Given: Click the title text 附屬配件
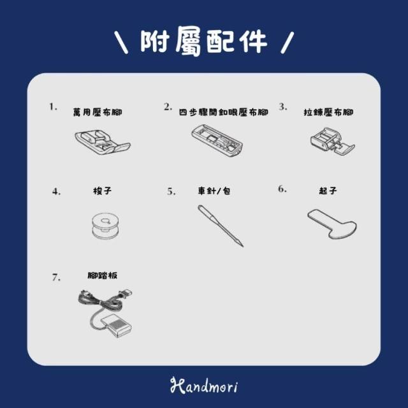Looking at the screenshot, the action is click(x=204, y=41).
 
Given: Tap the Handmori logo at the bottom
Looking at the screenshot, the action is click(x=204, y=385).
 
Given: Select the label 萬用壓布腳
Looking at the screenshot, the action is click(x=98, y=112).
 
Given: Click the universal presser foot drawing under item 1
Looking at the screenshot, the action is click(x=103, y=142).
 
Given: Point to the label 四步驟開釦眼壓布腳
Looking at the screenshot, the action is click(x=224, y=112).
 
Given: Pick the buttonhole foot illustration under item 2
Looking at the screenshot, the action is click(x=217, y=140).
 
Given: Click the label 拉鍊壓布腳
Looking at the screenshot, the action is click(x=328, y=112).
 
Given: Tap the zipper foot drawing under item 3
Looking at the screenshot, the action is click(x=333, y=141).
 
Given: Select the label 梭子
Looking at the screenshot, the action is click(x=102, y=191).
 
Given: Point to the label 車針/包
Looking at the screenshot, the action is click(x=214, y=191).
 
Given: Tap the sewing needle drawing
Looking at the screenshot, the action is click(x=221, y=226).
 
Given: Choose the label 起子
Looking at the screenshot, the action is click(x=328, y=191).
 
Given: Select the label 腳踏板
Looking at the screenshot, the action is click(x=102, y=275).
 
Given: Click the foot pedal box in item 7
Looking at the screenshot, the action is click(x=116, y=325).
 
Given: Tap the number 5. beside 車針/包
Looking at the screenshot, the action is click(x=171, y=192).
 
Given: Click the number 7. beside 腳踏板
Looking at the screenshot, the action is click(x=56, y=277).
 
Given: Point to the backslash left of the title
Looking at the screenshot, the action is click(x=121, y=43).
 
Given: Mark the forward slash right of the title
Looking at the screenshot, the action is click(x=288, y=43).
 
